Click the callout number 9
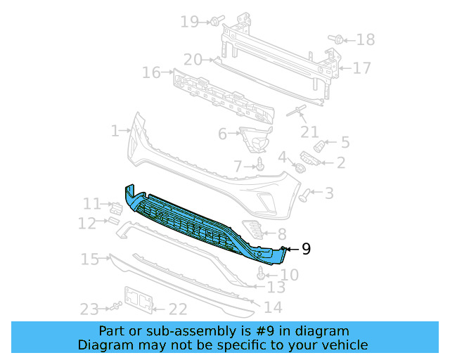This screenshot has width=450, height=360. point(306,248)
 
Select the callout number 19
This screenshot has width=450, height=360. point(190,22)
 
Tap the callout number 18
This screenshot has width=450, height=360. point(366,40)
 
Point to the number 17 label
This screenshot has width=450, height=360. point(361,68)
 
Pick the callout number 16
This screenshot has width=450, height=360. point(151,72)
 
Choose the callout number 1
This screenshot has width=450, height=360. point(115,131)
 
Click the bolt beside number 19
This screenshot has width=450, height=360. point(214,22)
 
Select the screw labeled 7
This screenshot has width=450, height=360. point(260,165)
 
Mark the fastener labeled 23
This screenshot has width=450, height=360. point(113,307)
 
